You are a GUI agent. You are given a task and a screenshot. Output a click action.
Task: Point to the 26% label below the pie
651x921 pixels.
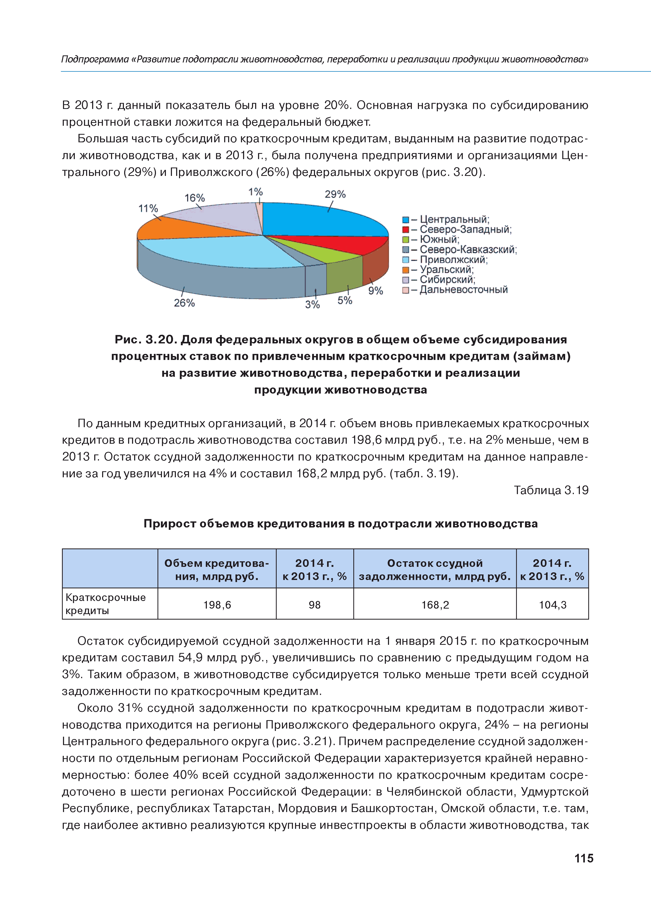184,303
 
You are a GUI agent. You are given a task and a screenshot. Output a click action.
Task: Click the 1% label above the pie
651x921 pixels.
255,192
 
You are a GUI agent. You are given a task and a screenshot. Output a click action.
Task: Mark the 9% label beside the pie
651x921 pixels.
375,291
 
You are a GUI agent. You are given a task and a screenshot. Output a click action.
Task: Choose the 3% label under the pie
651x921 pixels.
312,305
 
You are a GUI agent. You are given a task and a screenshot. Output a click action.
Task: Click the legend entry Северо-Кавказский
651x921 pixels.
468,249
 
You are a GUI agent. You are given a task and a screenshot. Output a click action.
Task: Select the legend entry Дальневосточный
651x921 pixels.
463,290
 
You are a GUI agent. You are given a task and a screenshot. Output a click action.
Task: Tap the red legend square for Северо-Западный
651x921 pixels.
406,229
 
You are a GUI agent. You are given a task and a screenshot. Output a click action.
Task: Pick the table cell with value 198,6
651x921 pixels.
217,605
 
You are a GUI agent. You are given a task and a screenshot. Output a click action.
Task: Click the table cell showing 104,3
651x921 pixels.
552,605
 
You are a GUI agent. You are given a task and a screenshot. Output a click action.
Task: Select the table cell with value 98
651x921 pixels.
314,605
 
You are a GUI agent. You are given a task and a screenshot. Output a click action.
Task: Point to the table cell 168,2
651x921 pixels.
435,605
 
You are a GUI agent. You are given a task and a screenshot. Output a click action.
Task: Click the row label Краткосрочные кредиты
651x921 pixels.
106,604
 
